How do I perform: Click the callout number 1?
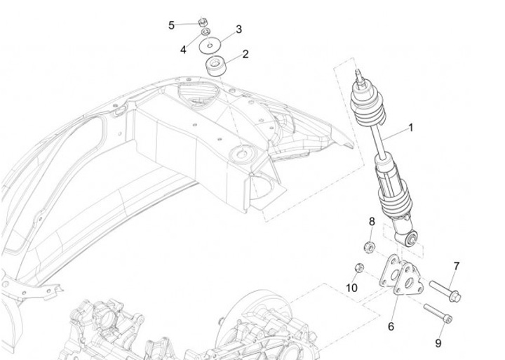click(410, 128)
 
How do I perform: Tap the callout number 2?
click(245, 54)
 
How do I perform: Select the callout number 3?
click(238, 29)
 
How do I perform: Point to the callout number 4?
click(183, 50)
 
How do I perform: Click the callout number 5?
click(171, 25)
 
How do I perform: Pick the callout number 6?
click(391, 326)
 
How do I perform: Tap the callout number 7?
click(457, 267)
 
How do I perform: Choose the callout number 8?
click(372, 222)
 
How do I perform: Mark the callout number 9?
click(438, 343)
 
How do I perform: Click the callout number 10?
click(351, 288)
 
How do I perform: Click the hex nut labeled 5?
click(203, 22)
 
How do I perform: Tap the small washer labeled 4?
click(206, 32)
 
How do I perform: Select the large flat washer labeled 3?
click(210, 46)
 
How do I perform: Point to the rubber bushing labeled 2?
click(216, 66)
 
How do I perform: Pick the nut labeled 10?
click(359, 267)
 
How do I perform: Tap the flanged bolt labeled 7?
click(445, 291)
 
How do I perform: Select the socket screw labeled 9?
click(438, 312)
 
